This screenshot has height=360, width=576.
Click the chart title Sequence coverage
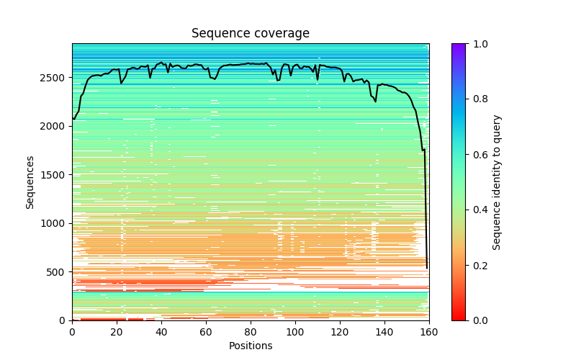pyautogui.click(x=250, y=34)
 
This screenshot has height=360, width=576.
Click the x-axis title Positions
pyautogui.click(x=250, y=346)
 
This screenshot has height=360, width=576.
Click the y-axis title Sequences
pyautogui.click(x=30, y=182)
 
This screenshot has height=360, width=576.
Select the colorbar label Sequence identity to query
pyautogui.click(x=497, y=182)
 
